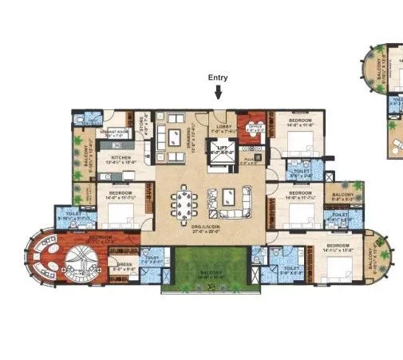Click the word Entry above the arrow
[219, 77]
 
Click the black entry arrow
[219, 93]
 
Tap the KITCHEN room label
[120, 158]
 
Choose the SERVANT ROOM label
[109, 133]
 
